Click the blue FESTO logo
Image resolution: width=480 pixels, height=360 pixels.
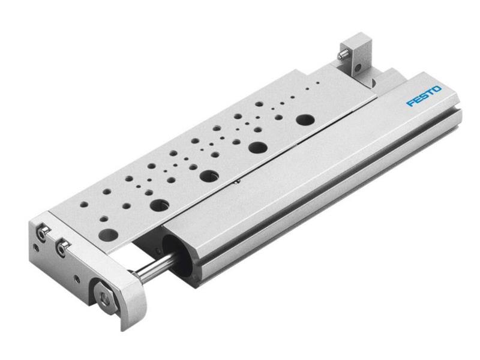424,96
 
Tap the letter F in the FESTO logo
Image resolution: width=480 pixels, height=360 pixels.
410,103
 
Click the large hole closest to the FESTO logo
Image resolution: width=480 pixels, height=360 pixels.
305,118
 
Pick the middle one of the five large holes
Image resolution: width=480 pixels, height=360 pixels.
209,176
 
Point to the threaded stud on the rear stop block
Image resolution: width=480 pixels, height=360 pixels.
341,55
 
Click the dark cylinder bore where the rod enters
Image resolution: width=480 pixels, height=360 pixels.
174,245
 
